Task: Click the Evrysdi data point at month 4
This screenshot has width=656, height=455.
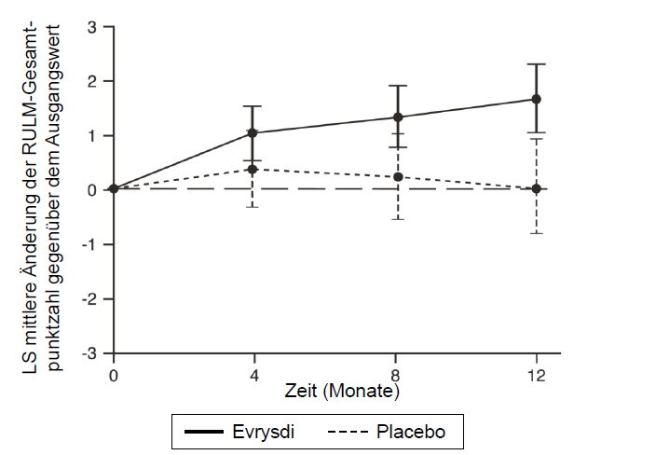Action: click(253, 133)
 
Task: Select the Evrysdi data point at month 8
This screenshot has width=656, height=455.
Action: click(398, 117)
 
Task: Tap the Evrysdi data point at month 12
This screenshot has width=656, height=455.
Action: click(537, 99)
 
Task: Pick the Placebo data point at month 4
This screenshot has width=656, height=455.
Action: click(253, 169)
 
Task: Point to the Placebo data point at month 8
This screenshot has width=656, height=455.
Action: click(398, 177)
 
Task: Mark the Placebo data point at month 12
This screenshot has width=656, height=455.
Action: click(537, 188)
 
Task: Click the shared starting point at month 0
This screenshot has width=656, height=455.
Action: click(114, 188)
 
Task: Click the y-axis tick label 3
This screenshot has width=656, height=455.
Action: click(93, 27)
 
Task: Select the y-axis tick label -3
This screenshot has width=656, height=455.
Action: click(90, 354)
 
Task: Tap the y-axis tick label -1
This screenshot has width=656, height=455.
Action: click(90, 245)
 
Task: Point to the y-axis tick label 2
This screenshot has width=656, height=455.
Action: click(93, 81)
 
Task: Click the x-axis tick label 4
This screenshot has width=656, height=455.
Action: click(253, 375)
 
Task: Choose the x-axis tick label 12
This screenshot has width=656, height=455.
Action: click(537, 375)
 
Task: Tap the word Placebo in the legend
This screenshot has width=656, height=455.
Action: click(410, 432)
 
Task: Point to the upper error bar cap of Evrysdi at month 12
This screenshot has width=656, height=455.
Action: click(537, 64)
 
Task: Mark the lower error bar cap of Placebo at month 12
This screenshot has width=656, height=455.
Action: click(537, 233)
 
